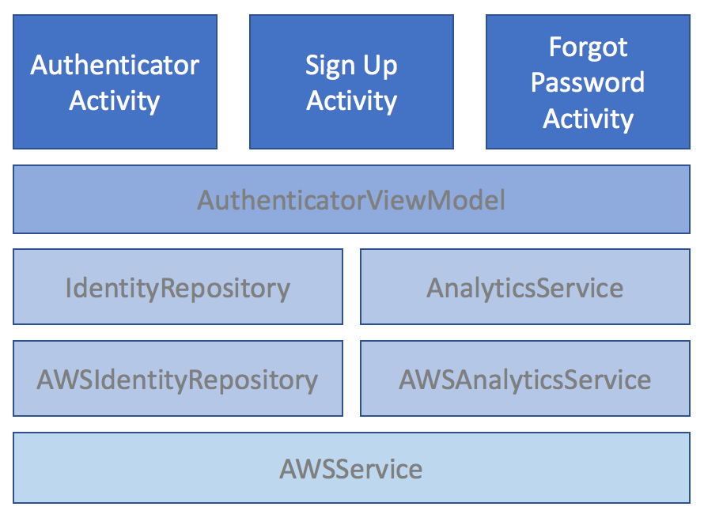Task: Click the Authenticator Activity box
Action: coord(115,81)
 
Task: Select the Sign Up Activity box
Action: coord(351,81)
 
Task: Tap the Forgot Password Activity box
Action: coord(589,81)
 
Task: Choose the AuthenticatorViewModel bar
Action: coord(351,199)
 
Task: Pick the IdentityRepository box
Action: coord(178,287)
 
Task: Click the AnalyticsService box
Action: coord(525,287)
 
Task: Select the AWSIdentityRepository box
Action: coord(178,378)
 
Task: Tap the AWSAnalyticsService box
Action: coord(525,378)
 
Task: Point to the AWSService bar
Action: coord(351,467)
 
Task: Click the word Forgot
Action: coord(589,47)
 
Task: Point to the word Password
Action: coord(588,82)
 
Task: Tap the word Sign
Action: coord(331,66)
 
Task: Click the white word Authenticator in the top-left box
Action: coord(115,65)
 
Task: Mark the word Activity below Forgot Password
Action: coord(589,119)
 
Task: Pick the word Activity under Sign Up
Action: coord(351,101)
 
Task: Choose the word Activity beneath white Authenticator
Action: coord(115,101)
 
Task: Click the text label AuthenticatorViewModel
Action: coord(351,200)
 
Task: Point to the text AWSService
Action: coord(351,469)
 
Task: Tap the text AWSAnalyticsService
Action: coord(525,380)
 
